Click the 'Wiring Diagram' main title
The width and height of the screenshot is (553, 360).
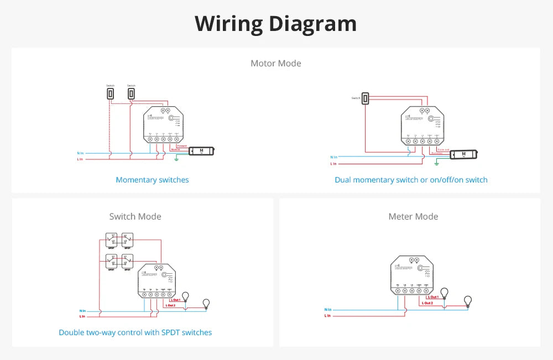click(276, 24)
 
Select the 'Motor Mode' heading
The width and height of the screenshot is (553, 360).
click(276, 63)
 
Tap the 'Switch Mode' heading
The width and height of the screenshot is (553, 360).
click(135, 216)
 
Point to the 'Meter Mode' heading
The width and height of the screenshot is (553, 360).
click(413, 216)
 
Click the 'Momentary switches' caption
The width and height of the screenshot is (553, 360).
click(152, 180)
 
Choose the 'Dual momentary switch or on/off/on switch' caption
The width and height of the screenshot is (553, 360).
click(411, 180)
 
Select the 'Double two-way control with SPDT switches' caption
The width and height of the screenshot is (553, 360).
click(135, 332)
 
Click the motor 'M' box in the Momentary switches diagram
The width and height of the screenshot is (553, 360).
click(201, 150)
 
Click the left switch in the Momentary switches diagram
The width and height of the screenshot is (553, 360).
click(111, 94)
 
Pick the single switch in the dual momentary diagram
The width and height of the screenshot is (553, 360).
click(366, 98)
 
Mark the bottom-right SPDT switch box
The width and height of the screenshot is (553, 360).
click(127, 261)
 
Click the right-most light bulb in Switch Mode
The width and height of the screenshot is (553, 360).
click(206, 302)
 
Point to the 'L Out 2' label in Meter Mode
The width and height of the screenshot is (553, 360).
click(428, 303)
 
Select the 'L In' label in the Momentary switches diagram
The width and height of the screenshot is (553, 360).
click(81, 159)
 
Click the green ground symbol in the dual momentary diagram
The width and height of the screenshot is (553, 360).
click(437, 163)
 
